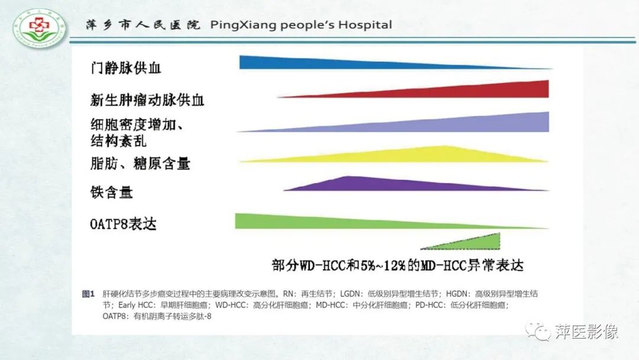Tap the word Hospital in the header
click(365, 25)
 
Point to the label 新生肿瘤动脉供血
click(147, 99)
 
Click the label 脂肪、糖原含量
click(140, 162)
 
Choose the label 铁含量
click(111, 192)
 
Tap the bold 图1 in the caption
click(88, 294)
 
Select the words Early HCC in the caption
click(135, 306)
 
